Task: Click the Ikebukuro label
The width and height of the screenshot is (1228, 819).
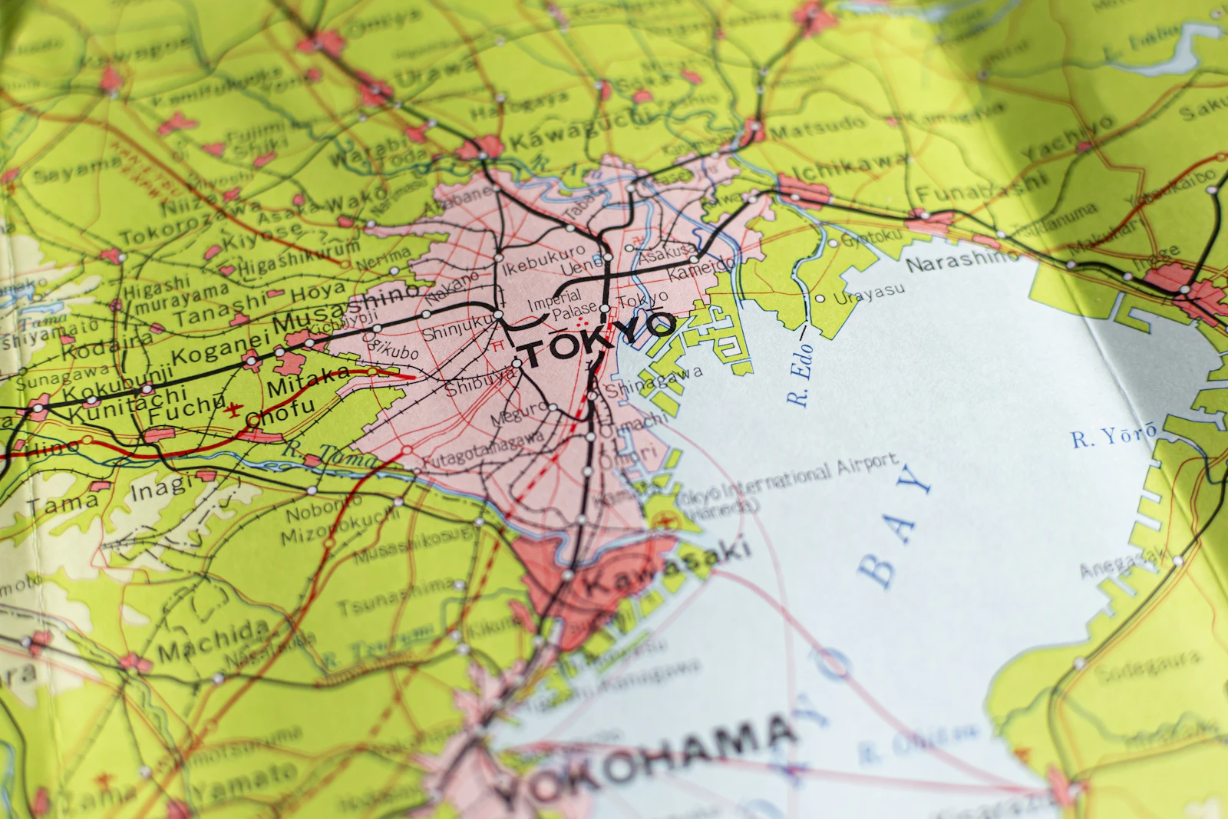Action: click(543, 260)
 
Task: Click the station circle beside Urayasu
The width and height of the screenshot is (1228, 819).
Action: click(820, 299)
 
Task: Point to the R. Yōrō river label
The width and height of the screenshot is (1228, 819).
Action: click(1114, 435)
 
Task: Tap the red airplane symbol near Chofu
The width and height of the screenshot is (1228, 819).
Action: click(233, 408)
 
